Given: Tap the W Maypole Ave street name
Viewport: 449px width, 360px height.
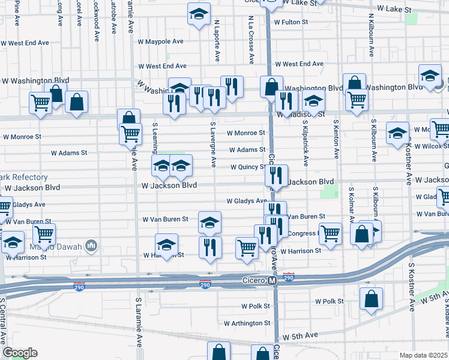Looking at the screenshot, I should tap(160, 41).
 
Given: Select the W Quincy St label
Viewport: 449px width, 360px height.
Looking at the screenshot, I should tap(246, 167).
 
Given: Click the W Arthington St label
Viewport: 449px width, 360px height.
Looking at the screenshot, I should tap(247, 323).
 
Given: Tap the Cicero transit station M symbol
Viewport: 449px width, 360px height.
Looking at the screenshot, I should tap(272, 280).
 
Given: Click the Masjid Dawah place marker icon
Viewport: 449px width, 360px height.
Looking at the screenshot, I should tap(91, 245).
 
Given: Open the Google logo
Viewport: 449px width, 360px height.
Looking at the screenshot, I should tap(20, 353).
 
